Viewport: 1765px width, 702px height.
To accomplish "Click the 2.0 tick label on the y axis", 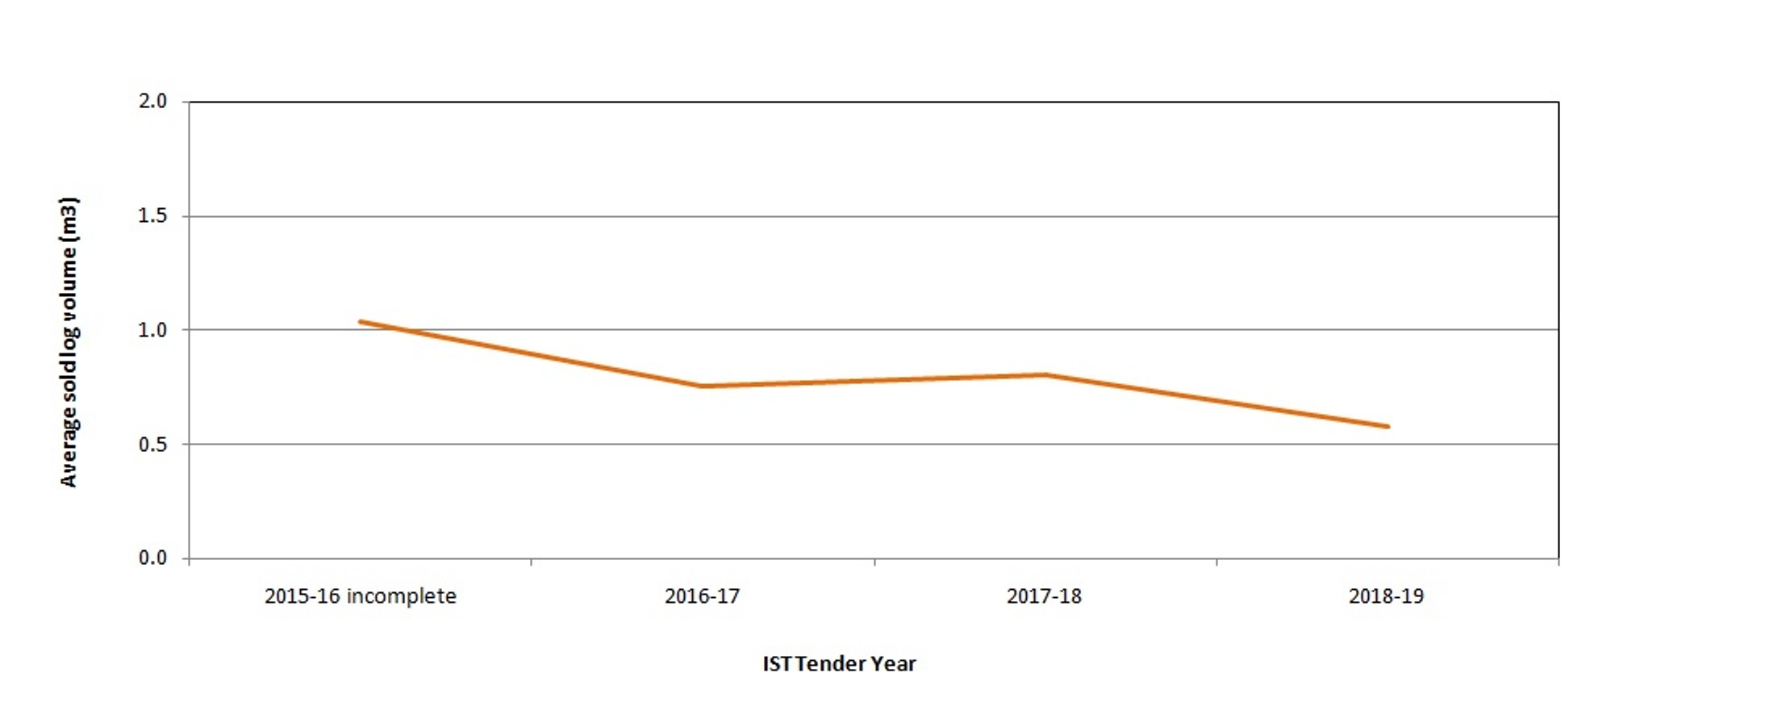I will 152,102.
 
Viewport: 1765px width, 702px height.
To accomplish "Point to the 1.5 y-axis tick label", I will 152,215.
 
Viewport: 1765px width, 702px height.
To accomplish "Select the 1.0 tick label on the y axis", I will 152,330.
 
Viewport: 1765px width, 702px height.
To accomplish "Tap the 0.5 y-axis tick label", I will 152,445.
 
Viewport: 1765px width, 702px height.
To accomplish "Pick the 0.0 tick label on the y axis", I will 152,558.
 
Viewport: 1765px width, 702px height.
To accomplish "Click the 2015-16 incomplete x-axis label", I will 360,596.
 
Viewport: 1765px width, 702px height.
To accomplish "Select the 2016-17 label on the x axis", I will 702,596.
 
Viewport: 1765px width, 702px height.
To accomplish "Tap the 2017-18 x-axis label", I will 1044,596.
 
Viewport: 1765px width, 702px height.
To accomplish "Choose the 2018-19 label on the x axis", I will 1386,596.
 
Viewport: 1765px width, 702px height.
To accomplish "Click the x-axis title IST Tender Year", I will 839,664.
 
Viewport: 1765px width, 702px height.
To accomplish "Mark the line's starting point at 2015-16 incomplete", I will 361,322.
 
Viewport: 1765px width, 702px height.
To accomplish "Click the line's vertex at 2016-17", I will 702,387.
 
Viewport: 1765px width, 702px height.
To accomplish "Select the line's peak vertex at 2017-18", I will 1045,374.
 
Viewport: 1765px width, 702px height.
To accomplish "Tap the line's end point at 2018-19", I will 1387,426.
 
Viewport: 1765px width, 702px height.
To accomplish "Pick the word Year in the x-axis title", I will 893,664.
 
